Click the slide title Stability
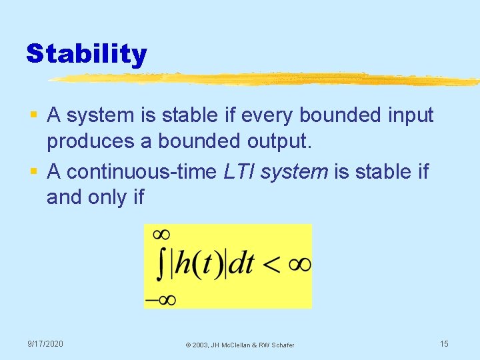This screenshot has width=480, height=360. tap(86, 53)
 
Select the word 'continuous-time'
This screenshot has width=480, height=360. tap(142, 171)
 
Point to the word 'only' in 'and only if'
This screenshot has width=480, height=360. tap(104, 198)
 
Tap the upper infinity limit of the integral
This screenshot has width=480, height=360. tap(161, 234)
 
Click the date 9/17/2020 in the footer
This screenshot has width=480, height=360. tap(45, 343)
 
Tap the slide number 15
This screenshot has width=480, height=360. tap(444, 343)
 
